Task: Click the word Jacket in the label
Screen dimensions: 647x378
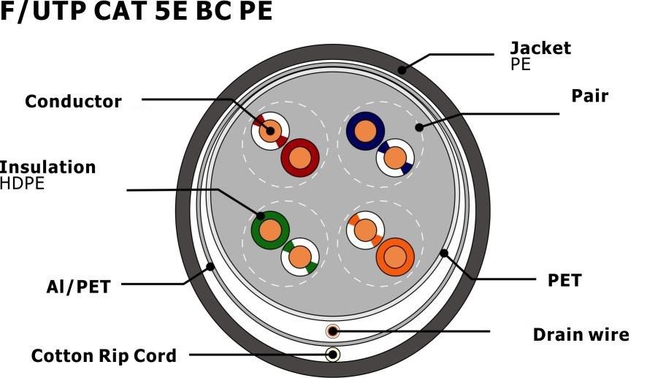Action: (540, 48)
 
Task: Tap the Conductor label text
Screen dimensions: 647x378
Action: (74, 101)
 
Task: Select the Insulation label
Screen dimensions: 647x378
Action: (48, 167)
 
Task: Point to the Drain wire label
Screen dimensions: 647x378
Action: (581, 335)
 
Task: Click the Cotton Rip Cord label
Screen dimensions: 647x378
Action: (104, 355)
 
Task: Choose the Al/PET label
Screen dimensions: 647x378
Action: (78, 287)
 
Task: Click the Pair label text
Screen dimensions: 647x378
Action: (589, 96)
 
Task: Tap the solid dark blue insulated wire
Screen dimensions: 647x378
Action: (365, 131)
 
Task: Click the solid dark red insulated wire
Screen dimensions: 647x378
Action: (300, 158)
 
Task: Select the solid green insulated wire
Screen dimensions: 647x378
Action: (270, 230)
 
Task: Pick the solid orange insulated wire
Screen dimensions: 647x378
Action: (395, 257)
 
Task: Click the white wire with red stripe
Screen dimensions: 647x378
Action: (270, 131)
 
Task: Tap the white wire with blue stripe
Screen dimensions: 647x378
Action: (395, 158)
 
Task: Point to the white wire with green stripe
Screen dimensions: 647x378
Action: (300, 257)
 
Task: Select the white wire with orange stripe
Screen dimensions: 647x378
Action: (365, 230)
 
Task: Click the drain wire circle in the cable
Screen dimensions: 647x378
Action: (332, 331)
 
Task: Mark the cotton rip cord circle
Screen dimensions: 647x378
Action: (332, 355)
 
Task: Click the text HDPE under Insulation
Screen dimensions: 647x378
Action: (22, 184)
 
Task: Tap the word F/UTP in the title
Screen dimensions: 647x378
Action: (42, 11)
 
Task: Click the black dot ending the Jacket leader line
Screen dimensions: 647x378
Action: (402, 69)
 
